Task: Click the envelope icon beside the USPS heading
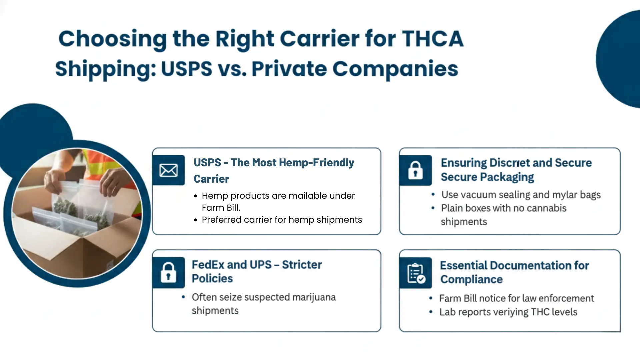[168, 170]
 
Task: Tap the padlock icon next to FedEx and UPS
[168, 272]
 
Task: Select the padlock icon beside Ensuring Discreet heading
[415, 170]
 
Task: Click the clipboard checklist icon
[416, 273]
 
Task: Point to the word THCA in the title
[432, 39]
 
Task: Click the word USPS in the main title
[186, 69]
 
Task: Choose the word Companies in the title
[395, 69]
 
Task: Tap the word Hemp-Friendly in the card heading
[316, 163]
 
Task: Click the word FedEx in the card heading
[208, 265]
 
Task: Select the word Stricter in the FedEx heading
[302, 265]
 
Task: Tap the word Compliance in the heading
[471, 279]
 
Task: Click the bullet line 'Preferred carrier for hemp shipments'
[282, 220]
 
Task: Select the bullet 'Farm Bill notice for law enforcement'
[516, 298]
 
